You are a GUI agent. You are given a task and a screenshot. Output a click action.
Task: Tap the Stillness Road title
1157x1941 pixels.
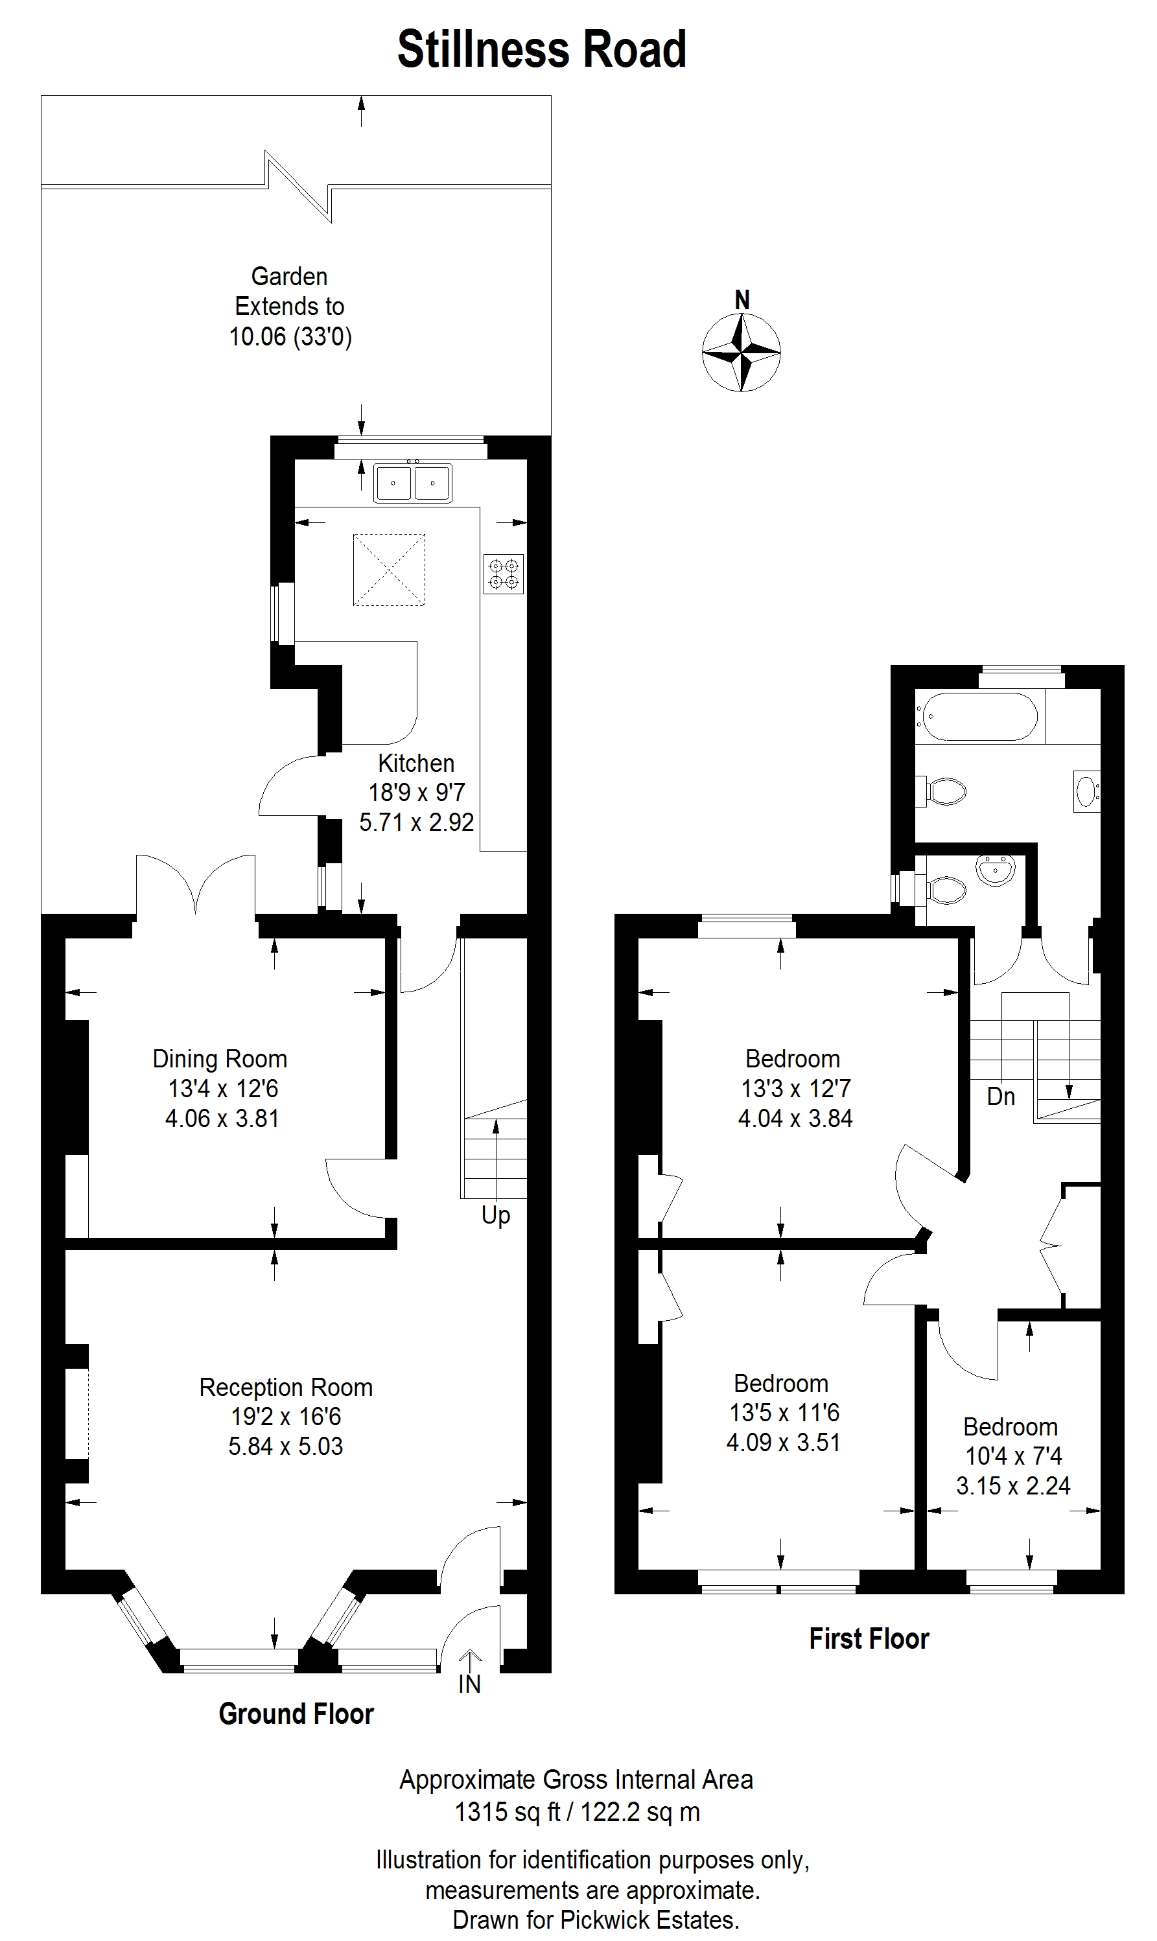(x=542, y=50)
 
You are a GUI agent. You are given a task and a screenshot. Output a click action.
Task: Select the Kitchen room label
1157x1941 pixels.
(x=416, y=763)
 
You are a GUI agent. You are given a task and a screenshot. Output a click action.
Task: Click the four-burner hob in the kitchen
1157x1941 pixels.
(x=504, y=574)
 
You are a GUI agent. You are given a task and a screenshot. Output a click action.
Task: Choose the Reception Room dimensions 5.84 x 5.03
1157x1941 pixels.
(x=285, y=1446)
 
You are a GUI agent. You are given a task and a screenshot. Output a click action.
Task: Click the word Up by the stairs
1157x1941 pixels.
(x=496, y=1215)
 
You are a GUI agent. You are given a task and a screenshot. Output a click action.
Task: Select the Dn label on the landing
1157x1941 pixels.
(x=1001, y=1097)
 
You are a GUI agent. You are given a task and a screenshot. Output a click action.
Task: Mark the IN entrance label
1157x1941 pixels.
(x=469, y=1684)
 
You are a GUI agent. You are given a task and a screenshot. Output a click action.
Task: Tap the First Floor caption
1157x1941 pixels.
(x=869, y=1638)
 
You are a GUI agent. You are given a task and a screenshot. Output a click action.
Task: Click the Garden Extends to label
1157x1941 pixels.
(x=290, y=291)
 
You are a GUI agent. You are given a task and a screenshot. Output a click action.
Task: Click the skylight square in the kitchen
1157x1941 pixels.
(x=389, y=570)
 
